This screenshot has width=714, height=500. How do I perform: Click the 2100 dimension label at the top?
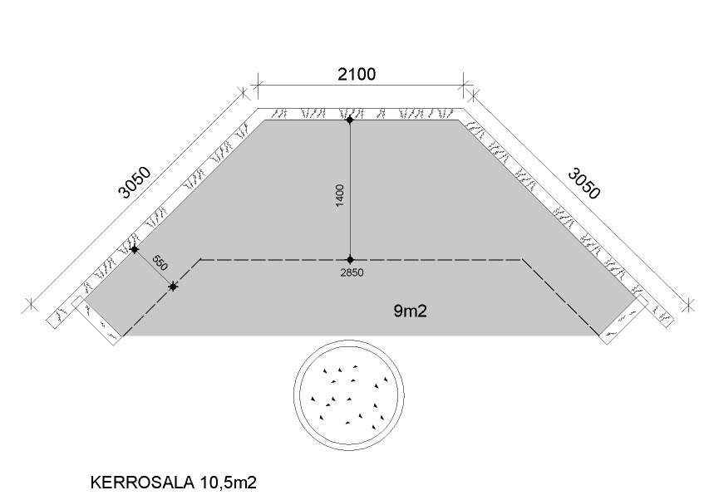coord(357,74)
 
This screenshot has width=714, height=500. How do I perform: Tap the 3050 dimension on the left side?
coord(134,183)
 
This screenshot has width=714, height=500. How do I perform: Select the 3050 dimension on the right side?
coord(584,184)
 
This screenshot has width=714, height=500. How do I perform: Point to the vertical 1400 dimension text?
coord(340,196)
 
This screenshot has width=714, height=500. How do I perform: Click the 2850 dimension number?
coord(352,273)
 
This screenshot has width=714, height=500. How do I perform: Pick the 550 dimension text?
coord(160,263)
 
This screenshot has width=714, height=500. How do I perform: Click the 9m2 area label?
coord(411,311)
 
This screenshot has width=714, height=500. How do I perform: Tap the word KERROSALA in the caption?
coord(142,483)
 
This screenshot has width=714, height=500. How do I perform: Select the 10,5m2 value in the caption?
coord(228,483)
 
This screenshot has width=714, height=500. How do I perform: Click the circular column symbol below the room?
coord(349,395)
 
